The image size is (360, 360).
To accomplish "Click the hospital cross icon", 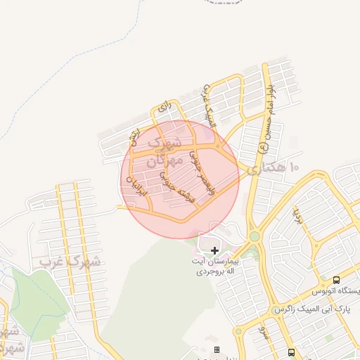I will pyautogui.click(x=214, y=250).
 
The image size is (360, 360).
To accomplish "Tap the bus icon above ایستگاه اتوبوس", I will pyautogui.click(x=336, y=279).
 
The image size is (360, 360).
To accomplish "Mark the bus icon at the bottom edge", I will pyautogui.click(x=291, y=352).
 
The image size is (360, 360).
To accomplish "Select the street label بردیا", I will pyautogui.click(x=298, y=211).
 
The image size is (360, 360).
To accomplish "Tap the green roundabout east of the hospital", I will pyautogui.click(x=254, y=238).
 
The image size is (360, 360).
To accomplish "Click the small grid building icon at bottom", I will pyautogui.click(x=217, y=349).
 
